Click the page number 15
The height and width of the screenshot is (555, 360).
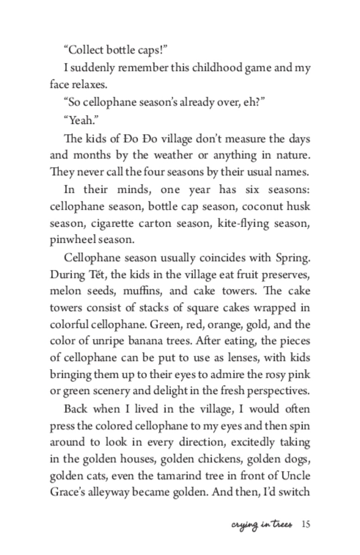(305, 524)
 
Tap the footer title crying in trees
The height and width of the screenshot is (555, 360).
(262, 524)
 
